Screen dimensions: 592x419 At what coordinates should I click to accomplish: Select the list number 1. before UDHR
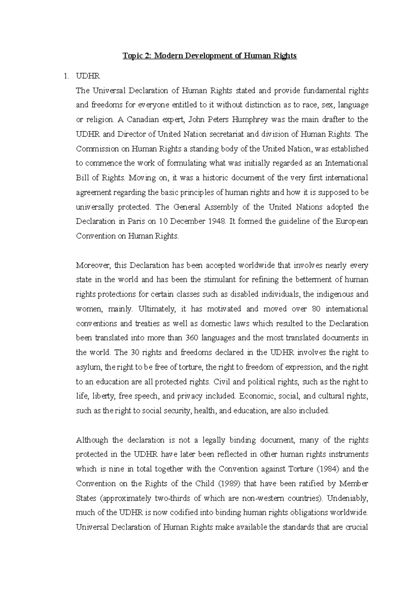pos(66,76)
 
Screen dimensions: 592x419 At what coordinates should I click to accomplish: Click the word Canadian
pos(142,120)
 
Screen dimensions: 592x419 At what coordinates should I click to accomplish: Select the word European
pos(351,221)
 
